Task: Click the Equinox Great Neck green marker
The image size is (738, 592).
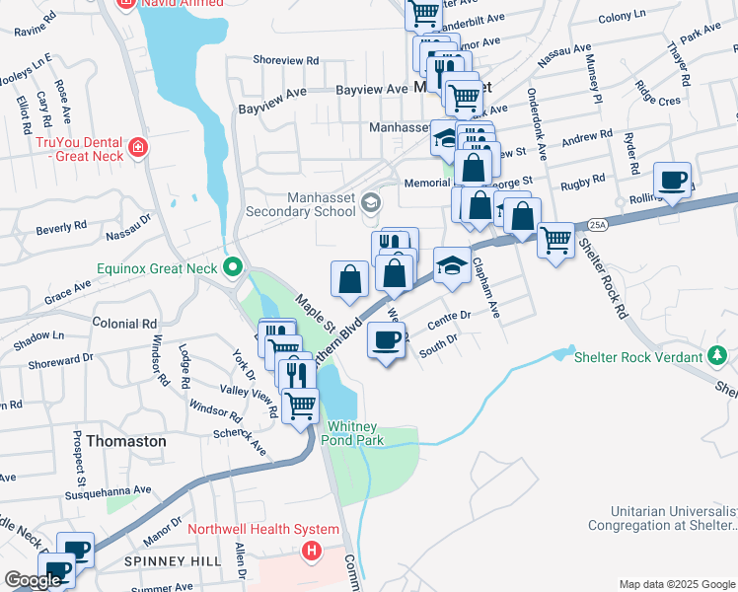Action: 234,267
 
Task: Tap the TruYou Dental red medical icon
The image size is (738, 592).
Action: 138,148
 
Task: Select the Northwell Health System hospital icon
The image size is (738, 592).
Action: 313,551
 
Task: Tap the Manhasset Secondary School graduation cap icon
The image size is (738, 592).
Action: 371,203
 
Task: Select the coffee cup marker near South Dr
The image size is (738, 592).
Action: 386,340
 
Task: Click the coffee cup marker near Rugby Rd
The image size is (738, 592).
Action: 674,181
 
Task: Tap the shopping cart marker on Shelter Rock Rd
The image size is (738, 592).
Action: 556,239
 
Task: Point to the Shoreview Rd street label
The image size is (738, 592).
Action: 286,60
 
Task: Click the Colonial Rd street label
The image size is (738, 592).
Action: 124,323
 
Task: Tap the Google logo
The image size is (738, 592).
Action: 32,580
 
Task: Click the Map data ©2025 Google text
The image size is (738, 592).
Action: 677,584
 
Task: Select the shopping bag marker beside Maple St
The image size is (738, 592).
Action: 350,279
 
